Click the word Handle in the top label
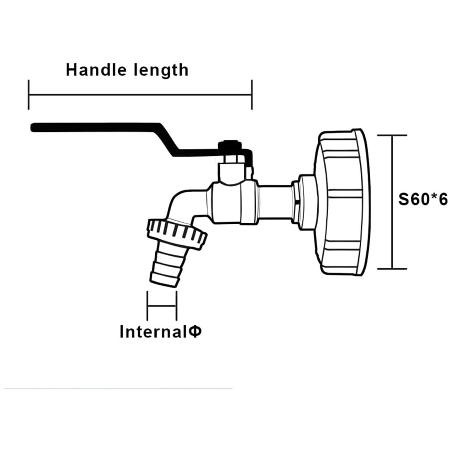(x=96, y=70)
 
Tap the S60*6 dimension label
(x=423, y=199)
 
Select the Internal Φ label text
(x=161, y=331)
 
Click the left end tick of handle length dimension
(x=29, y=95)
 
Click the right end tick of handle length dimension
(x=252, y=95)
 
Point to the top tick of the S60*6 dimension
(x=392, y=135)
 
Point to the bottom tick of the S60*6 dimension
(x=392, y=268)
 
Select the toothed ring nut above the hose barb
(x=177, y=233)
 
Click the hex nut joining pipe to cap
(x=295, y=201)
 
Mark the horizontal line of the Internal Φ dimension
(x=162, y=305)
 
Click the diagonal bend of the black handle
(x=168, y=140)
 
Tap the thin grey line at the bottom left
(x=118, y=389)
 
